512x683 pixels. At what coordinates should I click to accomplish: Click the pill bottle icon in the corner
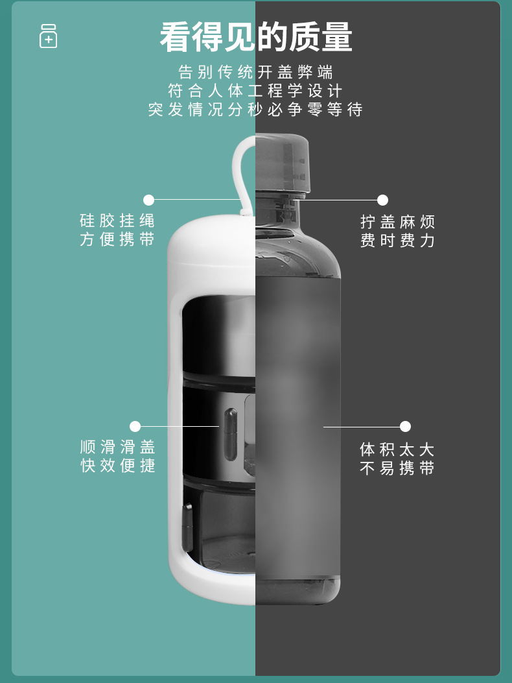point(48,36)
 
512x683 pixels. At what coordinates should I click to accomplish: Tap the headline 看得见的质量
point(256,38)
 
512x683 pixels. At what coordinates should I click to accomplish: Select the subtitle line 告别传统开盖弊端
point(256,72)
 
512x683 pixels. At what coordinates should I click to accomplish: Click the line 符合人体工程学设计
point(256,91)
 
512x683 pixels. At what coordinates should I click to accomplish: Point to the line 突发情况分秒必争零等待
point(256,110)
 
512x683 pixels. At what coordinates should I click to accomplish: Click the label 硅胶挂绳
point(117,221)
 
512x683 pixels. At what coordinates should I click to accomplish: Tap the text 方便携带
point(117,239)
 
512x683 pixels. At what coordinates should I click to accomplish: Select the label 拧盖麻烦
point(397,222)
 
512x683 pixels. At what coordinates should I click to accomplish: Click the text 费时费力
point(397,241)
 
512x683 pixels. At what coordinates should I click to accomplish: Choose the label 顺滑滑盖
point(117,447)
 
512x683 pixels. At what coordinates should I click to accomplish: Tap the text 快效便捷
point(117,466)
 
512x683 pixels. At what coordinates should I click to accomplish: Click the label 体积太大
point(397,449)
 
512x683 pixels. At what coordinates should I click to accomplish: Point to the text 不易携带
point(397,468)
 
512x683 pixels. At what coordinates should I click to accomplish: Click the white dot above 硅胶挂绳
point(149,200)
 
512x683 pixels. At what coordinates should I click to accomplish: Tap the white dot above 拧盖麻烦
point(382,200)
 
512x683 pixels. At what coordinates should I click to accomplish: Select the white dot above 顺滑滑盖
point(135,426)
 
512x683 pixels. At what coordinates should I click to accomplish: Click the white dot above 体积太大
point(405,426)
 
